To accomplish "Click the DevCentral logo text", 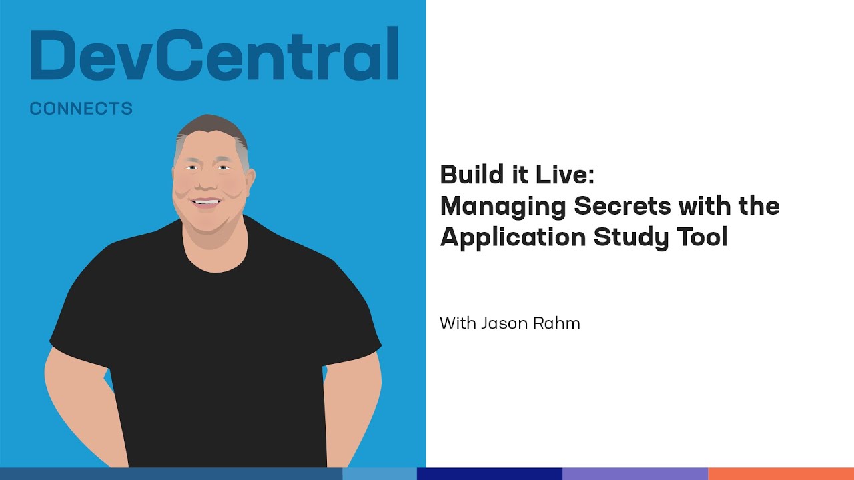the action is coord(214,53).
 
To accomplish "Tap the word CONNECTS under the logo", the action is coord(81,109).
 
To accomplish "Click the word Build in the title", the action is coord(466,175).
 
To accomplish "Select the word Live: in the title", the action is coord(565,175).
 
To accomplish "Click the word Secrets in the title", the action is coord(622,206).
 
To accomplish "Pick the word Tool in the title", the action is coord(703,237).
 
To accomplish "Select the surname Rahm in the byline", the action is coord(556,323).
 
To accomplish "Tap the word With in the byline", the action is coord(458,323).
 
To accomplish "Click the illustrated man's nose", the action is coord(206,182).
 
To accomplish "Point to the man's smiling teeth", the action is coord(206,201).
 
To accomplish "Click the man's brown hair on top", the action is coord(212,127).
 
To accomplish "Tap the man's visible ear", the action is coord(250,180).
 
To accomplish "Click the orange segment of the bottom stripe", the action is coord(781,474).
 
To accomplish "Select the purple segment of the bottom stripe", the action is coord(635,474).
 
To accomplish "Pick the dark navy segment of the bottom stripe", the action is coord(490,474).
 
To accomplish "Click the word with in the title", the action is coord(705,206).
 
